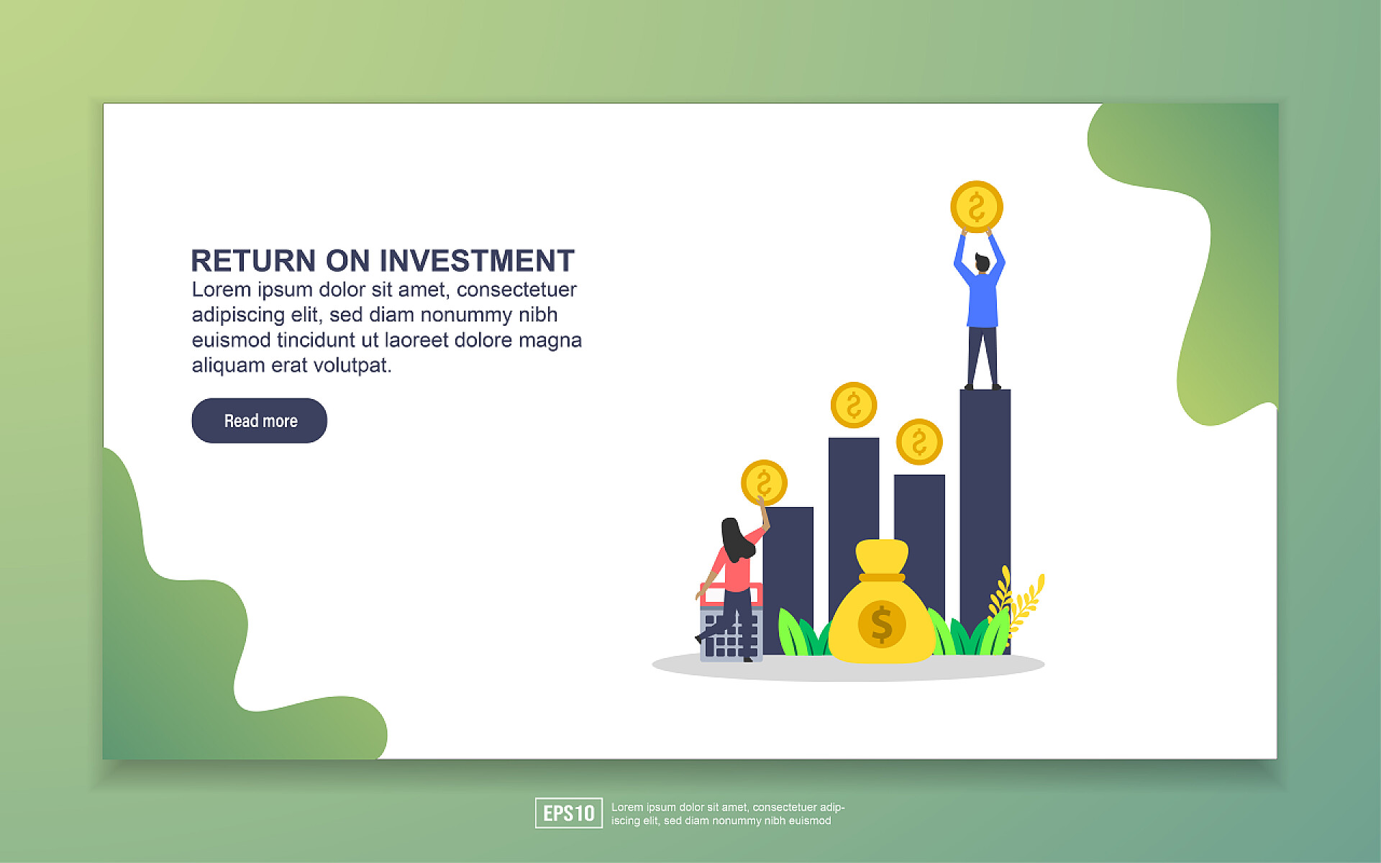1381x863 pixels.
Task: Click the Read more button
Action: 259,421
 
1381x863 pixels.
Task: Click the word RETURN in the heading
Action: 253,261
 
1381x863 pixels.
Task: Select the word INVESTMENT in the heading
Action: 477,261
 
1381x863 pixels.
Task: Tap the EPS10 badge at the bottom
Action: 568,813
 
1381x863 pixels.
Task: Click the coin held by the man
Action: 977,206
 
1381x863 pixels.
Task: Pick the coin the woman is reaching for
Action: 764,483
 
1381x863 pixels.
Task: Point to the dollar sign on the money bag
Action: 882,624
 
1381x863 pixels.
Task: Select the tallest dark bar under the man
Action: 985,521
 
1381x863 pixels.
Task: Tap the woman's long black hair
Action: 736,539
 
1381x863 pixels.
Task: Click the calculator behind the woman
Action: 731,622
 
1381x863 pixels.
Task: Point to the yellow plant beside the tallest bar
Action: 1017,604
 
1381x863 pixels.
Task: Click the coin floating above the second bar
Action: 854,405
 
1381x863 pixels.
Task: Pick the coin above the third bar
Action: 919,442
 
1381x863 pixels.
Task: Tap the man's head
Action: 982,263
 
